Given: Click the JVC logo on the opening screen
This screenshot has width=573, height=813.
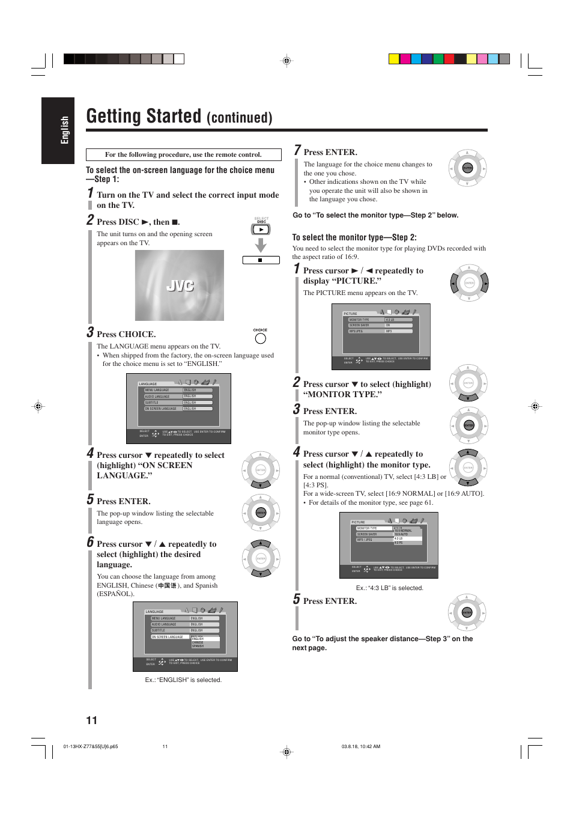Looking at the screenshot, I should (x=180, y=286).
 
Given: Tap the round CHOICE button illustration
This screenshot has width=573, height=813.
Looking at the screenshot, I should (x=260, y=339).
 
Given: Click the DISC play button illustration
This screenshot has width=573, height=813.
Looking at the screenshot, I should (x=261, y=230).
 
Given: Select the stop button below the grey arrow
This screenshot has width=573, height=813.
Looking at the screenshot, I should (x=261, y=260).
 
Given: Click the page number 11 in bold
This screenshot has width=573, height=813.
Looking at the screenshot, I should (x=91, y=720).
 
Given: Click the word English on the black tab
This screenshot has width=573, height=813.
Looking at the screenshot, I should (x=65, y=130).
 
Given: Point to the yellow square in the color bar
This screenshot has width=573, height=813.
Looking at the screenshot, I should (x=393, y=59).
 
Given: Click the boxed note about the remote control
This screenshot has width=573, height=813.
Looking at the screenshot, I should (x=183, y=154).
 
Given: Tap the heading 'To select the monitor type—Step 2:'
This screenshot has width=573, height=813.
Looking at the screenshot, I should (x=354, y=237).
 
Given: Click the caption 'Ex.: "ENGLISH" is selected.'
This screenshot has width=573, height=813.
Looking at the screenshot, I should (x=183, y=680).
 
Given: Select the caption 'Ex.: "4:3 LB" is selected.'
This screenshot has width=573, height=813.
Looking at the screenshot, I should (x=389, y=588).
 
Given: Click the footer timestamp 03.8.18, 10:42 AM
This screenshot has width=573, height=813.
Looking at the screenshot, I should (x=360, y=747).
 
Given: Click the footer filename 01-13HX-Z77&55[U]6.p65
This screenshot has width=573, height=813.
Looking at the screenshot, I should (x=90, y=747).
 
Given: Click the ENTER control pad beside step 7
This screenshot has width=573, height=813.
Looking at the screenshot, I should (x=467, y=168).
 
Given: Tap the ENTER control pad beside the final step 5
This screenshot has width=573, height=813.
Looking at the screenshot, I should (x=467, y=613).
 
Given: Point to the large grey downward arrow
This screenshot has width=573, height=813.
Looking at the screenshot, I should (x=260, y=245).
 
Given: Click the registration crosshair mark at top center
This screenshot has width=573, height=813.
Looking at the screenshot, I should (x=286, y=61).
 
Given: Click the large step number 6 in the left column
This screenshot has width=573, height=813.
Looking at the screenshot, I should (x=90, y=542).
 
